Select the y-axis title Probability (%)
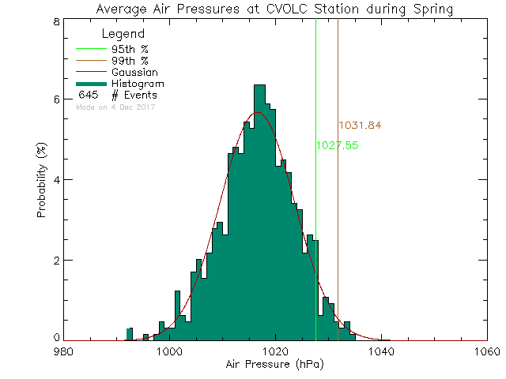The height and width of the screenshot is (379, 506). click(x=41, y=181)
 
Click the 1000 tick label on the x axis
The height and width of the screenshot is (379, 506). click(x=170, y=351)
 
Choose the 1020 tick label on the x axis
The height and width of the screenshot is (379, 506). click(x=276, y=351)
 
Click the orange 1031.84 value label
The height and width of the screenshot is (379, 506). click(x=360, y=125)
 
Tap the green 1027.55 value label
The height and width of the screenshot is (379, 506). click(x=338, y=145)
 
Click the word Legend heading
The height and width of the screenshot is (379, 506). click(x=124, y=34)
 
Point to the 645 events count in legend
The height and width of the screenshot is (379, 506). click(x=87, y=96)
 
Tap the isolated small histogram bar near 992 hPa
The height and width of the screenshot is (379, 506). click(x=129, y=334)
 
